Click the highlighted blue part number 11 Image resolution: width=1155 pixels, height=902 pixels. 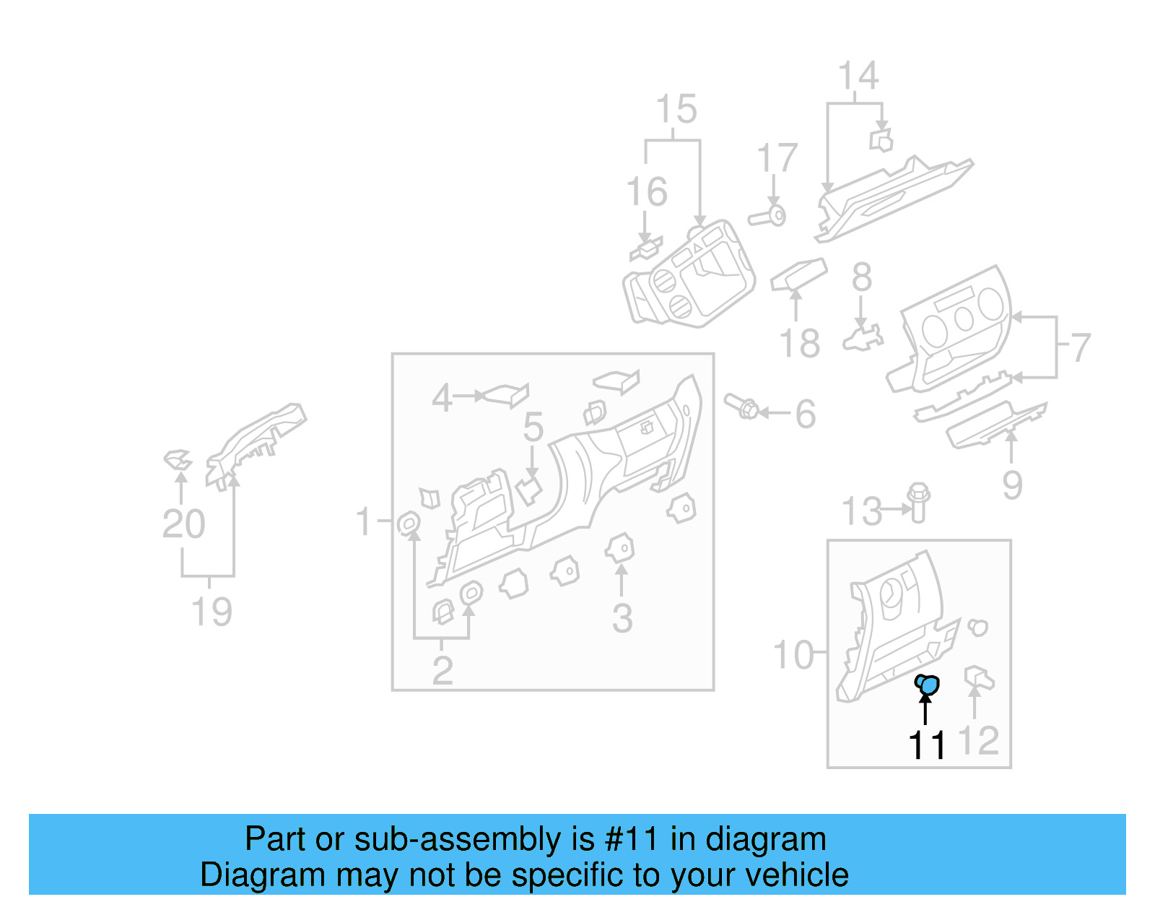(928, 683)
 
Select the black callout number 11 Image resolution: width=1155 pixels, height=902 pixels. (927, 745)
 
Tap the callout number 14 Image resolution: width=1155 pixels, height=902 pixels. (858, 76)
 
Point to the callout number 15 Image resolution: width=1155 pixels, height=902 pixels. (676, 110)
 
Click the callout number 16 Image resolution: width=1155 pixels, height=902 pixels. (647, 192)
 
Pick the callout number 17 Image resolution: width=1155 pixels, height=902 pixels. (777, 158)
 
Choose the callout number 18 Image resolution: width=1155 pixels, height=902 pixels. (800, 344)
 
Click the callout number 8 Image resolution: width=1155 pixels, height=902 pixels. (862, 277)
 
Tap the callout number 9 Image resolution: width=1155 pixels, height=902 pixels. (1012, 485)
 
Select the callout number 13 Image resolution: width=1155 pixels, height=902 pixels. (862, 512)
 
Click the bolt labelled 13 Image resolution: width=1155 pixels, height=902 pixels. (919, 502)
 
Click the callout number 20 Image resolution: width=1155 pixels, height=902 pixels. (183, 524)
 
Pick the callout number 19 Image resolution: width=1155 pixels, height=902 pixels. (211, 612)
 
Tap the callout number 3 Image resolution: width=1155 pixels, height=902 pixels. (622, 619)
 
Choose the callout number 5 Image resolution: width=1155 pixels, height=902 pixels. (533, 428)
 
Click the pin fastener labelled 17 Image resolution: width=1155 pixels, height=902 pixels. (768, 216)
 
